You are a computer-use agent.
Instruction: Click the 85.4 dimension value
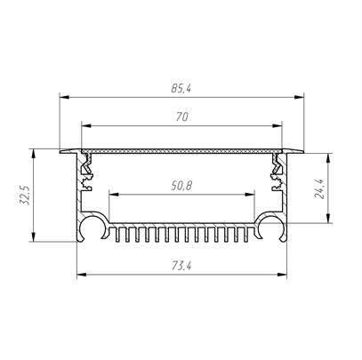(181, 88)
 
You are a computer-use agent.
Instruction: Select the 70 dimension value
(181, 117)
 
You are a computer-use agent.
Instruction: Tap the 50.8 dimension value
(181, 186)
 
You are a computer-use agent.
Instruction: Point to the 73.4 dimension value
(181, 267)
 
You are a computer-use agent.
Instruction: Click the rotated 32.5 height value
(24, 196)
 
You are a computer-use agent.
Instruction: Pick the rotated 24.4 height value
(319, 189)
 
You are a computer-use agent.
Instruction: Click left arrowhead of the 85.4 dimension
(64, 97)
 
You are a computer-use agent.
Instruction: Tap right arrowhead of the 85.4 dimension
(299, 97)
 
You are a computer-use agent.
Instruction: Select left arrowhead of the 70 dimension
(86, 126)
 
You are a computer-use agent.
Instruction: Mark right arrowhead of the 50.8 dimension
(250, 195)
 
